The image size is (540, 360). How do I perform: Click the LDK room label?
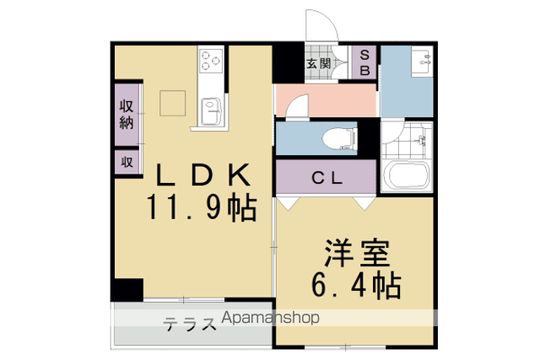coord(203,175)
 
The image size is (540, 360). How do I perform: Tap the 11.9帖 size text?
coord(202,207)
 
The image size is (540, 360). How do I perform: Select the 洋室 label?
coord(356,253)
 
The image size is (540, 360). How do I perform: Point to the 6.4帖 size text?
coord(356,285)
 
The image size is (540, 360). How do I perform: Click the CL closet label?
coord(327,178)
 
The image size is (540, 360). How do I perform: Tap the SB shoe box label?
coord(364,62)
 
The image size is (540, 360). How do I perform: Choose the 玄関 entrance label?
coord(319,63)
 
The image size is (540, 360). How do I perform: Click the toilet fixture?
coord(339,139)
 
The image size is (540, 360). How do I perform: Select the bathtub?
coord(407,175)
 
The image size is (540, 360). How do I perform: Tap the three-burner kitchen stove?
coord(211,61)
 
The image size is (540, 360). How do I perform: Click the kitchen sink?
coord(211,111)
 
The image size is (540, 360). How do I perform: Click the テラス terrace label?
coord(190,324)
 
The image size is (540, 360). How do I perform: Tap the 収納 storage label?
coord(127,115)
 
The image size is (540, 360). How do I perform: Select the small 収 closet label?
coord(127,161)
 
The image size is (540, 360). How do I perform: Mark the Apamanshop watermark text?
coord(270,317)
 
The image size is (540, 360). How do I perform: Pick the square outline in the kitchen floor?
coord(172,103)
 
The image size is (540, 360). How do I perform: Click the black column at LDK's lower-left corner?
coord(127,289)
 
